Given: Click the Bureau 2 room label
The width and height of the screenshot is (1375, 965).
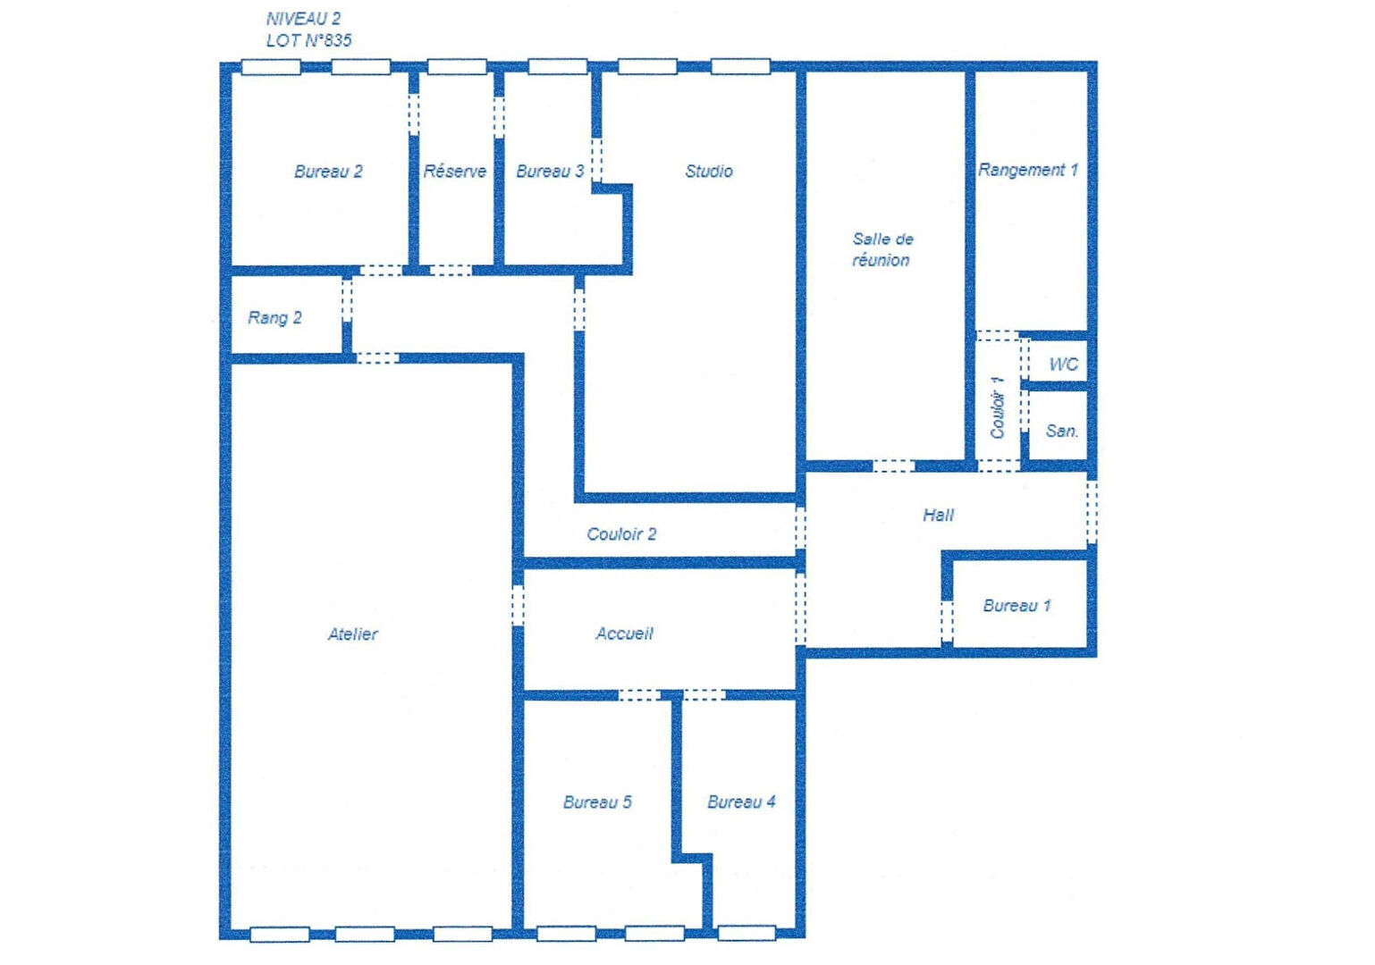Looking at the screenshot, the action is click(x=328, y=172).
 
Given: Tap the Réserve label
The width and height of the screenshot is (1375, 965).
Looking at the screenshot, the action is click(x=455, y=172).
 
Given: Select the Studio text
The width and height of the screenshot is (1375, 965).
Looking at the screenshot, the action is click(x=709, y=172).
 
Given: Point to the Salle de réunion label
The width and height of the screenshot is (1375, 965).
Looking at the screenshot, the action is click(x=882, y=249).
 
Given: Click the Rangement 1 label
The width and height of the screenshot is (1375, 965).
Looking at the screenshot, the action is click(x=1028, y=170).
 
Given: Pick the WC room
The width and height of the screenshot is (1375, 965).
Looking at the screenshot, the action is click(x=1064, y=365).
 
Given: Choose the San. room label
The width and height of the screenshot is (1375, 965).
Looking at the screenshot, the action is click(x=1062, y=432).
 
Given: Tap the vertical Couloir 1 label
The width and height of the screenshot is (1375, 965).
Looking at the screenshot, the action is click(x=998, y=407).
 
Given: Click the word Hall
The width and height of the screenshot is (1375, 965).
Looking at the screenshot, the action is click(x=938, y=516).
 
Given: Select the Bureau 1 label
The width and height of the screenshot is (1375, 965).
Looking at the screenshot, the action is click(x=1017, y=606).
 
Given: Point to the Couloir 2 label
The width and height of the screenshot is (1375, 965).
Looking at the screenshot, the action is click(x=621, y=534).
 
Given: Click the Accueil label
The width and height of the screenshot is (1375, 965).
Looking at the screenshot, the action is click(x=624, y=634).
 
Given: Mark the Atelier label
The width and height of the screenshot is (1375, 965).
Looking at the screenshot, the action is click(x=353, y=634).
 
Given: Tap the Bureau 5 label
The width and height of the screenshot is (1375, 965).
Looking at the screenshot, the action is click(x=597, y=802).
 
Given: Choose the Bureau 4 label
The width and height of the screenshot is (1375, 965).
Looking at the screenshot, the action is click(x=741, y=801).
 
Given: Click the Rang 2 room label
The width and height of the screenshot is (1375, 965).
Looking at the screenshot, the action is click(x=274, y=318).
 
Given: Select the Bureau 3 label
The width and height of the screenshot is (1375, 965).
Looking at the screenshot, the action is click(x=550, y=172).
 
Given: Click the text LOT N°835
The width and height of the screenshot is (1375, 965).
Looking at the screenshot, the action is click(x=308, y=40).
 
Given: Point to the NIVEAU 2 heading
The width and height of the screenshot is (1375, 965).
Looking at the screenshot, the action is click(x=303, y=19).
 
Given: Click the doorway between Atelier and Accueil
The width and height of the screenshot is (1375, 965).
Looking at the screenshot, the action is click(x=518, y=606).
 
